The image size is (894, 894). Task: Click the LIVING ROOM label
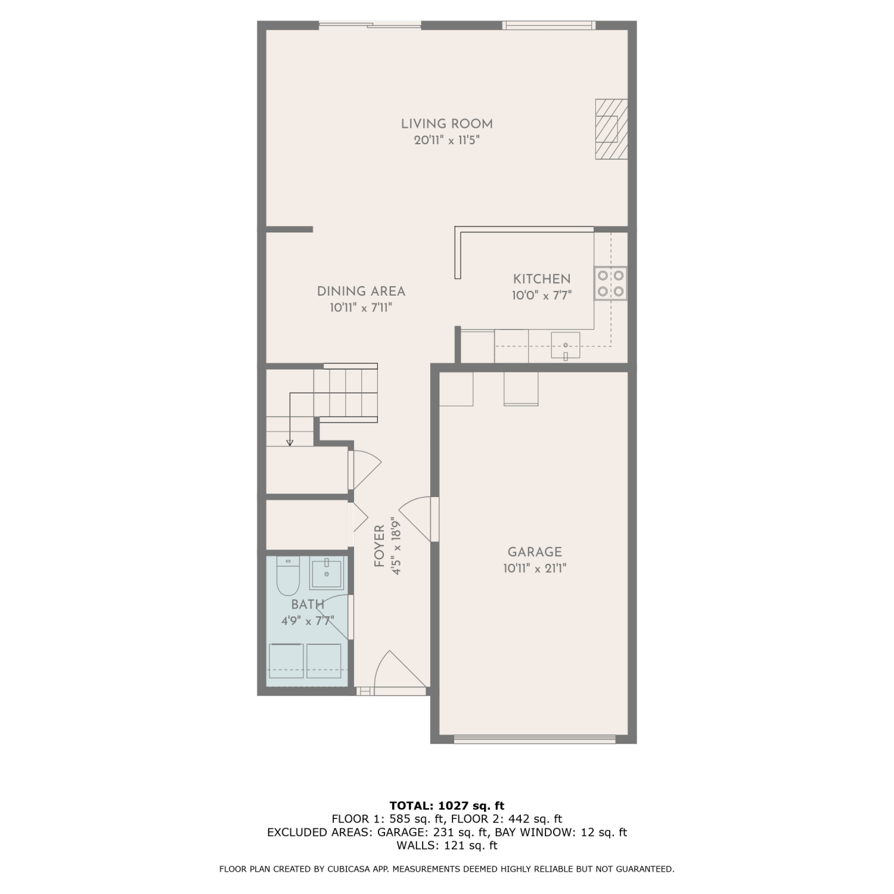[446, 124]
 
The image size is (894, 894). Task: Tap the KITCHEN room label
[542, 279]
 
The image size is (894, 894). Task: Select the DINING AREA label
[361, 291]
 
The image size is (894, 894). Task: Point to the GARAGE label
[535, 552]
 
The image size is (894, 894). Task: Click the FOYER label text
[379, 546]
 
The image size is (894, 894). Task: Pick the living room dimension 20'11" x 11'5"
[447, 141]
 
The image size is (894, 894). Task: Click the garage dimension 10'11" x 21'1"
[535, 569]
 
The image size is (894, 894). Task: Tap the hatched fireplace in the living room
[611, 129]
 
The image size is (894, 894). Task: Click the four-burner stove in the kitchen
[611, 284]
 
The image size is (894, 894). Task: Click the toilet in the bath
[288, 576]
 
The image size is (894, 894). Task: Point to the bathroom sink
[326, 573]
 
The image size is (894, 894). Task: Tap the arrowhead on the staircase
[290, 443]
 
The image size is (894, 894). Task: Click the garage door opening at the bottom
[535, 739]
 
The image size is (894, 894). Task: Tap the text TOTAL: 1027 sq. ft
[447, 806]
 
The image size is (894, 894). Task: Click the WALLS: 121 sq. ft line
[447, 845]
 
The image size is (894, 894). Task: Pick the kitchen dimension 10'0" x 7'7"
[542, 296]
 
